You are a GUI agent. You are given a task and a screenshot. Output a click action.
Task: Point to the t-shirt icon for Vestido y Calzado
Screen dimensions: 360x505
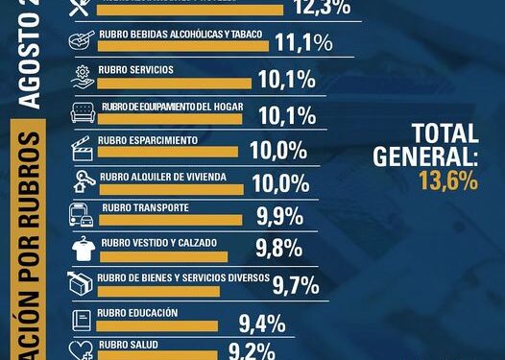[x=83, y=249]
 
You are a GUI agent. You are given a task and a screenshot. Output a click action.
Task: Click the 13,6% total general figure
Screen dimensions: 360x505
[x=447, y=180]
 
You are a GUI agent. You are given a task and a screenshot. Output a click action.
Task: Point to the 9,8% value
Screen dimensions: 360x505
[x=278, y=250]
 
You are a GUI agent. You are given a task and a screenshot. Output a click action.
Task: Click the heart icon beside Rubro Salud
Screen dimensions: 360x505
[x=84, y=349]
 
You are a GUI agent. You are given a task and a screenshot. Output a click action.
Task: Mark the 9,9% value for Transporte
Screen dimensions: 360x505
[x=278, y=214]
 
